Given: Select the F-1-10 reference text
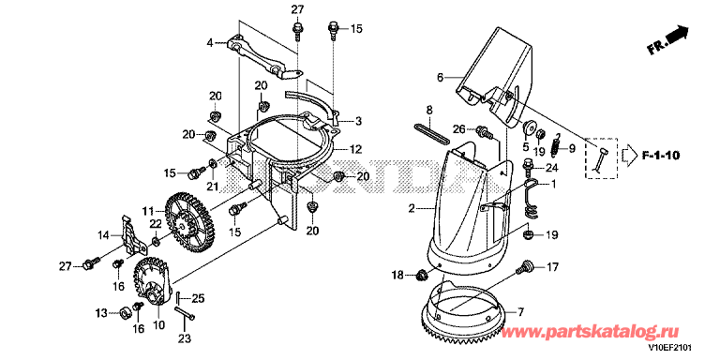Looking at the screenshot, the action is click(x=660, y=156).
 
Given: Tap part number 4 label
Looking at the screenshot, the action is click(x=210, y=44).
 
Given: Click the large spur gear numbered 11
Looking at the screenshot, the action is click(x=187, y=222).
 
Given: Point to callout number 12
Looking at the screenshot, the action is click(x=355, y=149).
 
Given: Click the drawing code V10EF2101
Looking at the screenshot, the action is click(x=670, y=348).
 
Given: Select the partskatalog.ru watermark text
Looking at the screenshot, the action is click(x=591, y=332).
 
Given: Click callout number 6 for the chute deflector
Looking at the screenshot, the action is click(x=440, y=78).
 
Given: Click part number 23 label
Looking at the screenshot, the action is click(x=184, y=338).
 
